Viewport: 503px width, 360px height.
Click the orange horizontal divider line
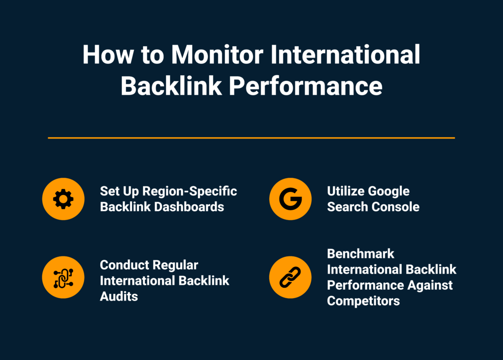pyautogui.click(x=251, y=138)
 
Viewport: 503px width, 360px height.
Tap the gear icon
pyautogui.click(x=63, y=199)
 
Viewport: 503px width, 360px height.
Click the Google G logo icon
pyautogui.click(x=290, y=199)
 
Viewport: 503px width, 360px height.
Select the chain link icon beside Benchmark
pyautogui.click(x=290, y=277)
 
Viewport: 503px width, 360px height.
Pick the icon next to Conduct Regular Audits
pyautogui.click(x=63, y=277)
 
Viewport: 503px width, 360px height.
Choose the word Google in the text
pyautogui.click(x=389, y=191)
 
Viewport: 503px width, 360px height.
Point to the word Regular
pyautogui.click(x=175, y=265)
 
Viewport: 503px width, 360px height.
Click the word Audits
pyautogui.click(x=119, y=296)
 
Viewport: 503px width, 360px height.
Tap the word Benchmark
pyautogui.click(x=361, y=254)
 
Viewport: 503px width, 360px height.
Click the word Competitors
pyautogui.click(x=363, y=301)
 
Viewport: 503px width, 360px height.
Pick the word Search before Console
pyautogui.click(x=347, y=207)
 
